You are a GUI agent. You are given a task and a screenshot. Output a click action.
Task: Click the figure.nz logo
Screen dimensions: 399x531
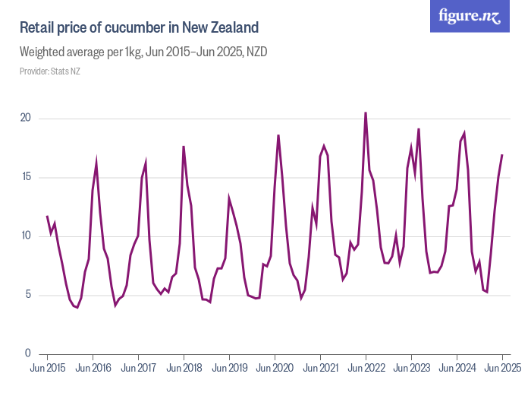click(x=470, y=17)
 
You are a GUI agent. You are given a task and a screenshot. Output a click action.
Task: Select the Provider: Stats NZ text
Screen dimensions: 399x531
click(x=50, y=71)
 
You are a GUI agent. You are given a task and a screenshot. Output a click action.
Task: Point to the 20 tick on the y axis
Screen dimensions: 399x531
click(x=25, y=119)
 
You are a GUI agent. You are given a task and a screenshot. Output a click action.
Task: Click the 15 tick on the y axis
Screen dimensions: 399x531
click(x=25, y=177)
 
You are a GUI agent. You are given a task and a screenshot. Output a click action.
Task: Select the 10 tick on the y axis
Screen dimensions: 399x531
click(x=25, y=236)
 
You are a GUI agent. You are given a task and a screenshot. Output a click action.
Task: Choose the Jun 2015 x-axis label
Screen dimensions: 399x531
click(x=47, y=369)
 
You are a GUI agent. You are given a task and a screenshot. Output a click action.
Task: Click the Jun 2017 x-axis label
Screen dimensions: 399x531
click(x=138, y=369)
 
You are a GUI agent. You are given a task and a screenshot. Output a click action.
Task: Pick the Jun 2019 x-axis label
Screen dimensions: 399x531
click(x=229, y=369)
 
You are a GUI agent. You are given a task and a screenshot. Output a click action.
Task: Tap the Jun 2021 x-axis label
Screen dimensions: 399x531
click(x=320, y=369)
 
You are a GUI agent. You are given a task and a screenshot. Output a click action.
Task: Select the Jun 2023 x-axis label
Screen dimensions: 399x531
click(x=411, y=369)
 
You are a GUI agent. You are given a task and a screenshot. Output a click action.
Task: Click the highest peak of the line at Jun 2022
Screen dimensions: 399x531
click(x=366, y=112)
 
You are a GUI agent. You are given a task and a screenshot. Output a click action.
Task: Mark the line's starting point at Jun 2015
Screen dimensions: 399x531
click(x=47, y=216)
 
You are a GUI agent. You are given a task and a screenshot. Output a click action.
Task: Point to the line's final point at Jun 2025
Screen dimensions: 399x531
click(x=502, y=155)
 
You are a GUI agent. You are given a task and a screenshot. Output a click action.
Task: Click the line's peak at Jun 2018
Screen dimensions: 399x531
click(x=184, y=147)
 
